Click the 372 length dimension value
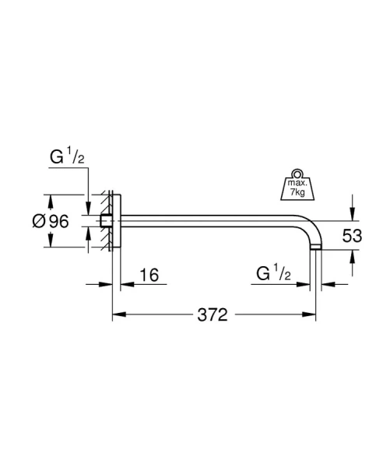213,314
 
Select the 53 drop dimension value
352,236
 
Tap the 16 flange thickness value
149,275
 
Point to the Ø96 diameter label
51,221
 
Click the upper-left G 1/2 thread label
67,156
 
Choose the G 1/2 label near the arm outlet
273,273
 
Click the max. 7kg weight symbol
297,185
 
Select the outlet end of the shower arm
316,248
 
